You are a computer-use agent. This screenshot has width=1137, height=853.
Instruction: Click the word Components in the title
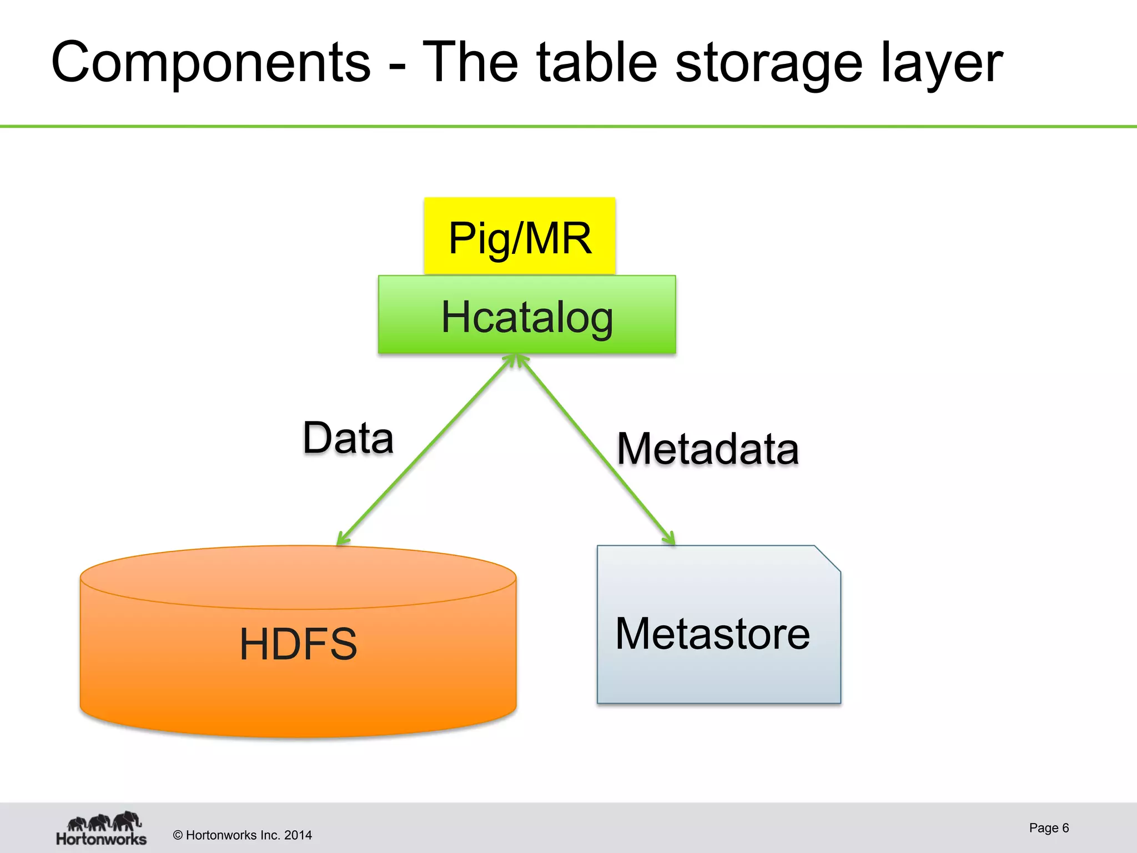pos(211,62)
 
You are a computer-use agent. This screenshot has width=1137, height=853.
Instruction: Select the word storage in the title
pos(768,62)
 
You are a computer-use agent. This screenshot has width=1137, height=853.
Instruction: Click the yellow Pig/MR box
pos(520,237)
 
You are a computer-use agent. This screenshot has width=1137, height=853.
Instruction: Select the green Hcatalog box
pos(527,315)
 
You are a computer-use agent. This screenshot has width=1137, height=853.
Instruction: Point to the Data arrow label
pos(348,438)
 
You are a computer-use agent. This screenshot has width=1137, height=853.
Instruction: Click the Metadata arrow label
pos(708,449)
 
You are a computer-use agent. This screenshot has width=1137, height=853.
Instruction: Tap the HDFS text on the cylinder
pos(298,644)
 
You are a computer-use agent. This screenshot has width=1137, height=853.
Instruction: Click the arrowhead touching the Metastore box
pos(669,538)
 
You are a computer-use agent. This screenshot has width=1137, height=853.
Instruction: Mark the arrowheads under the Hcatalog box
pos(517,361)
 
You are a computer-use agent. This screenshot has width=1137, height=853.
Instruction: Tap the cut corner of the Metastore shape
pos(827,558)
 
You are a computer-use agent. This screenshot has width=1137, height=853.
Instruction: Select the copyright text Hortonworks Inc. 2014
pos(243,835)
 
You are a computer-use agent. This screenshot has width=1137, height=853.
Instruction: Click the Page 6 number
pos(1048,828)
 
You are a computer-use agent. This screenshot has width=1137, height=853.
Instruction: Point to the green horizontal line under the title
pos(568,127)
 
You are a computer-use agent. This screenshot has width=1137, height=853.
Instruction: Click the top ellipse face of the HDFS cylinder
pos(298,578)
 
